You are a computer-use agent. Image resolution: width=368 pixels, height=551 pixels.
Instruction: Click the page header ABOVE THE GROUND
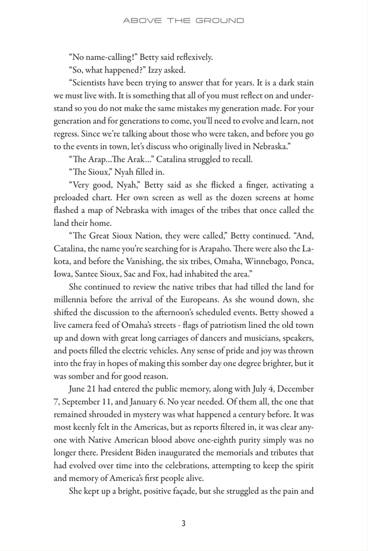pos(183,20)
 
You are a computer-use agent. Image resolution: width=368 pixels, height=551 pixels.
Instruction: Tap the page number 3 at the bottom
pos(183,522)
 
